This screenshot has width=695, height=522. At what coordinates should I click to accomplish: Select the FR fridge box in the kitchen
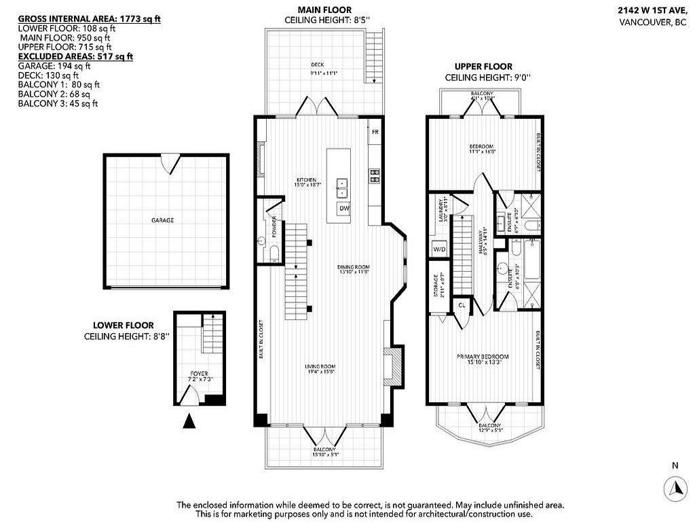pos(374,132)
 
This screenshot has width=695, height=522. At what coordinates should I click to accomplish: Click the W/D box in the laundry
pos(439,249)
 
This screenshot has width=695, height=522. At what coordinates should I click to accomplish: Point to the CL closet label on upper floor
pos(462,305)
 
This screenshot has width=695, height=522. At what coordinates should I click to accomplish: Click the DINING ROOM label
pos(353,267)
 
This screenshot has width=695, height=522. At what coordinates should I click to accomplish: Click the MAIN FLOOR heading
pos(324,10)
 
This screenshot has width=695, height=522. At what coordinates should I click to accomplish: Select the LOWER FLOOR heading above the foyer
pos(124,326)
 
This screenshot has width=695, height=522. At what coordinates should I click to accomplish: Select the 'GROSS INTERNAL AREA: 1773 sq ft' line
pos(89,18)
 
